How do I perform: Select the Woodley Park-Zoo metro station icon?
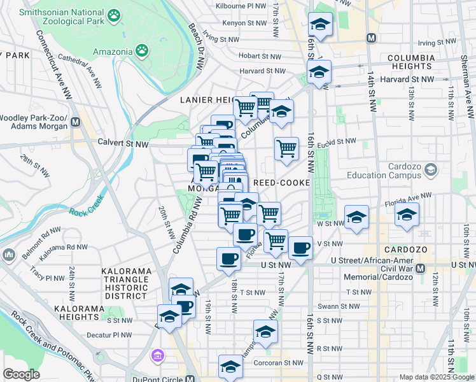click(x=76, y=121)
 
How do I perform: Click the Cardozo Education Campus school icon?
click(x=431, y=169)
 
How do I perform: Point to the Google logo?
click(x=22, y=374)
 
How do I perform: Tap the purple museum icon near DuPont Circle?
click(x=157, y=354)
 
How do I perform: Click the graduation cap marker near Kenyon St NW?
click(x=319, y=25)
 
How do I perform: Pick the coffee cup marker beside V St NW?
click(x=300, y=247)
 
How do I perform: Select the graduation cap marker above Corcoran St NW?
click(x=230, y=367)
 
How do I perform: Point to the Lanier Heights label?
click(x=207, y=100)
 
